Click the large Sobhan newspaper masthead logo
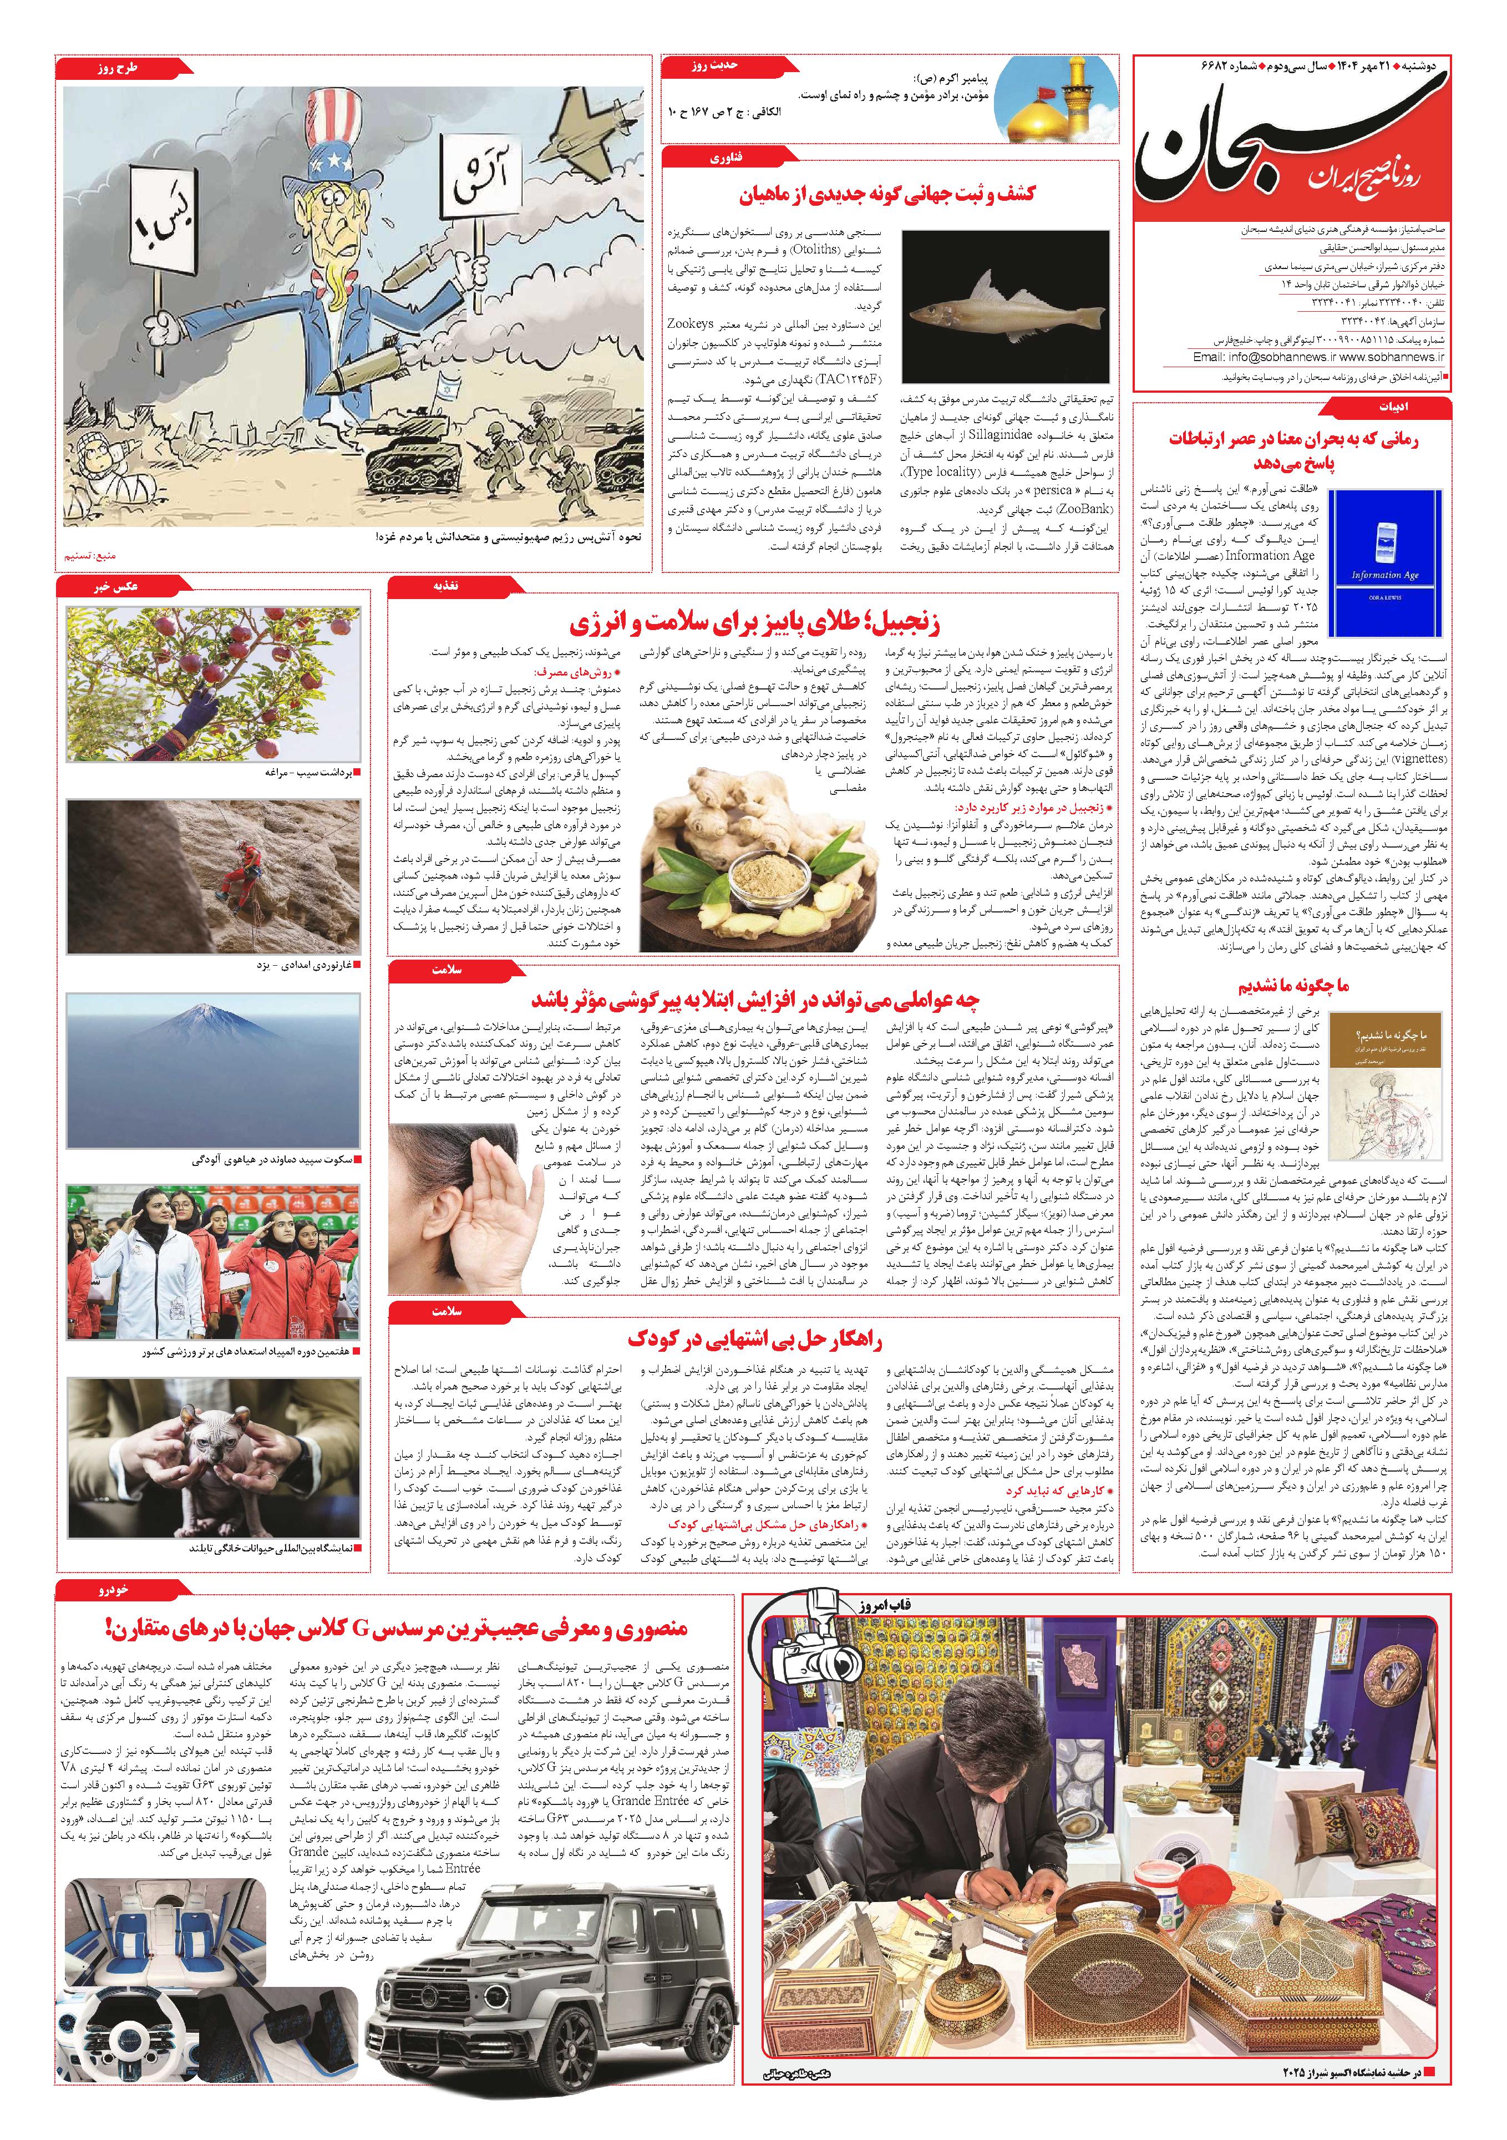pos(1291,149)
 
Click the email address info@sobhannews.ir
pos(1263,358)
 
